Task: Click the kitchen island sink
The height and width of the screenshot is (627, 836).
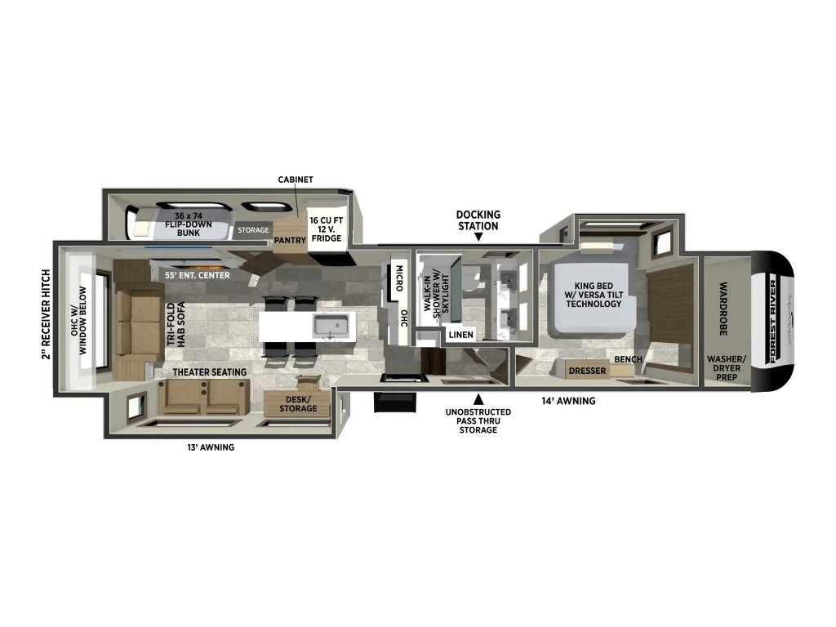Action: pyautogui.click(x=331, y=325)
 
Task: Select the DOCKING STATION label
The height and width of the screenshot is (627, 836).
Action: pyautogui.click(x=478, y=220)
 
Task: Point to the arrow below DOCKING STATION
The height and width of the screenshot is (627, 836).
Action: pyautogui.click(x=478, y=237)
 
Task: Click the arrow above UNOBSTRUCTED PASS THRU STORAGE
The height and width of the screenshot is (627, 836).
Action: pyautogui.click(x=478, y=398)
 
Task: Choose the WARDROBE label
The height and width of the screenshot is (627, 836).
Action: pyautogui.click(x=723, y=309)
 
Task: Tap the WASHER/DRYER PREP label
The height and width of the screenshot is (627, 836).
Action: pyautogui.click(x=726, y=368)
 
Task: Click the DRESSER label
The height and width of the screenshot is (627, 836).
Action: pyautogui.click(x=587, y=371)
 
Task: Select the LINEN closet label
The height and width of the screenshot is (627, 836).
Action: pyautogui.click(x=460, y=335)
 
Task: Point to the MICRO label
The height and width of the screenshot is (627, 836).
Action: pyautogui.click(x=398, y=278)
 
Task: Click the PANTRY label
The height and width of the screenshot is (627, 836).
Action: pyautogui.click(x=290, y=241)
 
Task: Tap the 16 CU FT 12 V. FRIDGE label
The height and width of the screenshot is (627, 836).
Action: pyautogui.click(x=327, y=229)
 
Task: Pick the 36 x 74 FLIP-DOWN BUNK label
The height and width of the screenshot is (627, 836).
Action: pyautogui.click(x=189, y=225)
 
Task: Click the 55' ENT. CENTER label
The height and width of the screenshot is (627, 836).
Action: pyautogui.click(x=198, y=275)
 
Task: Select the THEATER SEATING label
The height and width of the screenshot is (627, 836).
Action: pyautogui.click(x=210, y=372)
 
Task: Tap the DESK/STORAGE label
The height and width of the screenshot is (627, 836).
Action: pyautogui.click(x=298, y=403)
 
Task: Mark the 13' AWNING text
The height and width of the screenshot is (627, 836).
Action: pyautogui.click(x=210, y=447)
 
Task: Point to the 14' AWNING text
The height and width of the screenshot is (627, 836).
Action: pyautogui.click(x=568, y=401)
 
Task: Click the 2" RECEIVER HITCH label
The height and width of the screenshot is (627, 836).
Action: pyautogui.click(x=46, y=314)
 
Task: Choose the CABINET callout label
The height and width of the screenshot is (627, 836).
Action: pyautogui.click(x=296, y=180)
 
